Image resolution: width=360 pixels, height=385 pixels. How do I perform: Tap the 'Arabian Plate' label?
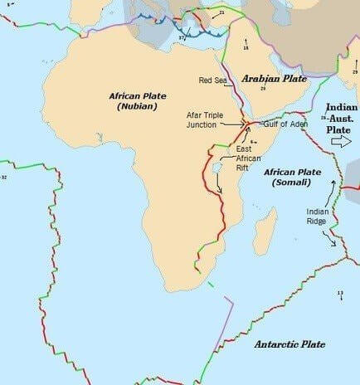click(275, 79)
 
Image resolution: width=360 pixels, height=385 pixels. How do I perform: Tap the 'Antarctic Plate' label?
click(289, 344)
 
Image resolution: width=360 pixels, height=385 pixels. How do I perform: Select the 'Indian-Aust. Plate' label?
click(341, 119)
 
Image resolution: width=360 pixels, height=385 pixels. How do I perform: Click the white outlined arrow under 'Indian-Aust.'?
click(341, 141)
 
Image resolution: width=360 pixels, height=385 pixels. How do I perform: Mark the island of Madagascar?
click(265, 231)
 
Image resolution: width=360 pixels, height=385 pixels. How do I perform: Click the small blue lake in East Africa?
click(216, 168)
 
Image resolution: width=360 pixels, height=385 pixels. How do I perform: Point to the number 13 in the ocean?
click(340, 294)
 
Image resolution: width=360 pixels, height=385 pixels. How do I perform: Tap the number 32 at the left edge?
click(3, 177)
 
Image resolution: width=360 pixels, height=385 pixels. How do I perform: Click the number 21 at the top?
click(221, 13)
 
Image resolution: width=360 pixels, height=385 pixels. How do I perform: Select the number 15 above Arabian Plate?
click(246, 49)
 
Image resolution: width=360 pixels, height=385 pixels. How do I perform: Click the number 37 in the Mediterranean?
click(182, 37)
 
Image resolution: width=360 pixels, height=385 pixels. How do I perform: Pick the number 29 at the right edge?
click(354, 72)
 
